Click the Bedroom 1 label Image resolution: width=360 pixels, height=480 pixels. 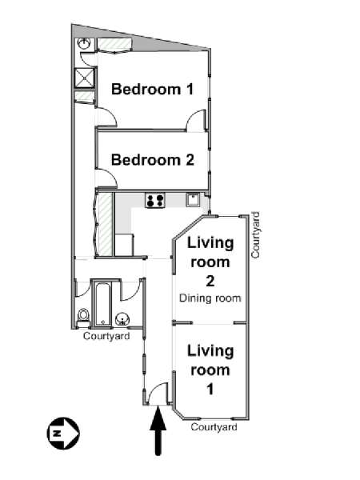click(x=153, y=89)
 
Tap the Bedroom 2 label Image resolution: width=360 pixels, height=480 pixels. click(x=153, y=160)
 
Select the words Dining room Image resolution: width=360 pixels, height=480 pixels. click(x=210, y=298)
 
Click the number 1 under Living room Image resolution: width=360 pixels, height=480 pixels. click(x=210, y=389)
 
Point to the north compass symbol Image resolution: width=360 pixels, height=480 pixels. click(x=63, y=433)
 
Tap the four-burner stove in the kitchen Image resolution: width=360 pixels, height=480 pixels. click(x=155, y=201)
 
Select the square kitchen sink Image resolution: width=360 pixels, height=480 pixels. click(x=193, y=200)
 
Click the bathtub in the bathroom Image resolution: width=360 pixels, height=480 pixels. click(x=102, y=304)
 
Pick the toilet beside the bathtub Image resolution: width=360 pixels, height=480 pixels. click(x=83, y=318)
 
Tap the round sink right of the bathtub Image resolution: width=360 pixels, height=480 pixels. click(x=122, y=319)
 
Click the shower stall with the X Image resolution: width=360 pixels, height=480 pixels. click(x=84, y=78)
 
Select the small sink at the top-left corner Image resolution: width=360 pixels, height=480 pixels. click(x=83, y=43)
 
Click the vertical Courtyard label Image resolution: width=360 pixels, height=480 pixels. click(x=255, y=235)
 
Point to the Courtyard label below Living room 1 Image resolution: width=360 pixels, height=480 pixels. click(x=214, y=426)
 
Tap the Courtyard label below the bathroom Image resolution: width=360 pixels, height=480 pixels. click(x=106, y=336)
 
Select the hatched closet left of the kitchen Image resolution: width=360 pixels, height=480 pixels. click(x=105, y=224)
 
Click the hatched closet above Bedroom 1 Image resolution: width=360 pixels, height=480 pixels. click(x=114, y=44)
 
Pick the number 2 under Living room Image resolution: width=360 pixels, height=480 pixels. click(x=210, y=281)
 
